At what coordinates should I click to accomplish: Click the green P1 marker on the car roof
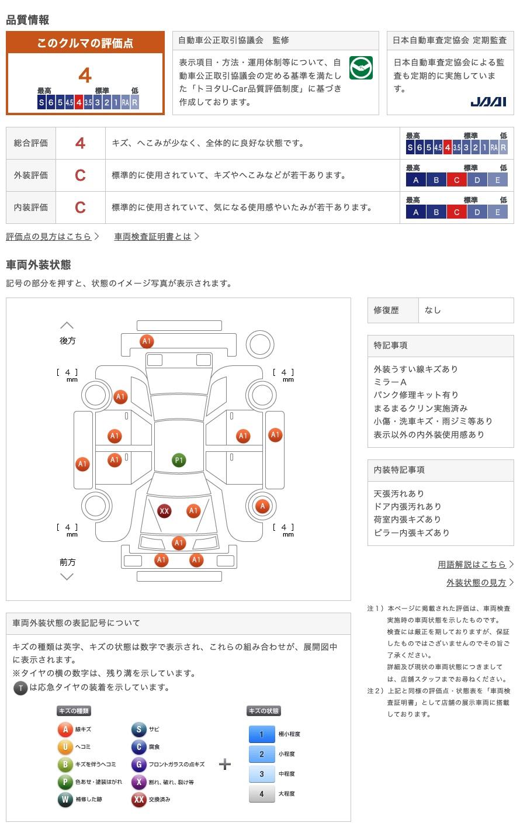pyautogui.click(x=179, y=460)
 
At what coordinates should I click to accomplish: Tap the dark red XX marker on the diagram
pyautogui.click(x=164, y=511)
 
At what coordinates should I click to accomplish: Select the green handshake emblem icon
pyautogui.click(x=360, y=68)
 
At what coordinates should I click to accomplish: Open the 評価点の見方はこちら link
pyautogui.click(x=49, y=236)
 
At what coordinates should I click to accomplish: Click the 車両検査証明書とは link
pyautogui.click(x=153, y=236)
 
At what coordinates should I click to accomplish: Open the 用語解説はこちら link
pyautogui.click(x=472, y=564)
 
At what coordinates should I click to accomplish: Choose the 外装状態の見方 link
pyautogui.click(x=476, y=582)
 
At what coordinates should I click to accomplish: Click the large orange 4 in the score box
pyautogui.click(x=85, y=75)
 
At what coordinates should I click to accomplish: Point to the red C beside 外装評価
pyautogui.click(x=80, y=175)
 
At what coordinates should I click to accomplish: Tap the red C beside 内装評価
pyautogui.click(x=80, y=208)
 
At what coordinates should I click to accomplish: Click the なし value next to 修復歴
pyautogui.click(x=433, y=310)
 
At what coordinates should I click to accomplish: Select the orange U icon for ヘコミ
pyautogui.click(x=65, y=747)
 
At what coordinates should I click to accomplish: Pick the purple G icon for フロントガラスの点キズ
pyautogui.click(x=138, y=765)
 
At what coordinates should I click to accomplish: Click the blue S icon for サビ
pyautogui.click(x=138, y=730)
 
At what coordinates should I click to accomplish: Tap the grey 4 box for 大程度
pyautogui.click(x=261, y=794)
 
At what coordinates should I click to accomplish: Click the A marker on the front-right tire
pyautogui.click(x=262, y=506)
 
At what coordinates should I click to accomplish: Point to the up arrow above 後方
pyautogui.click(x=67, y=325)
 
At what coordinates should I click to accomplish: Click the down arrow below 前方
pyautogui.click(x=67, y=577)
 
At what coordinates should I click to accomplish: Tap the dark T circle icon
pyautogui.click(x=20, y=688)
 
